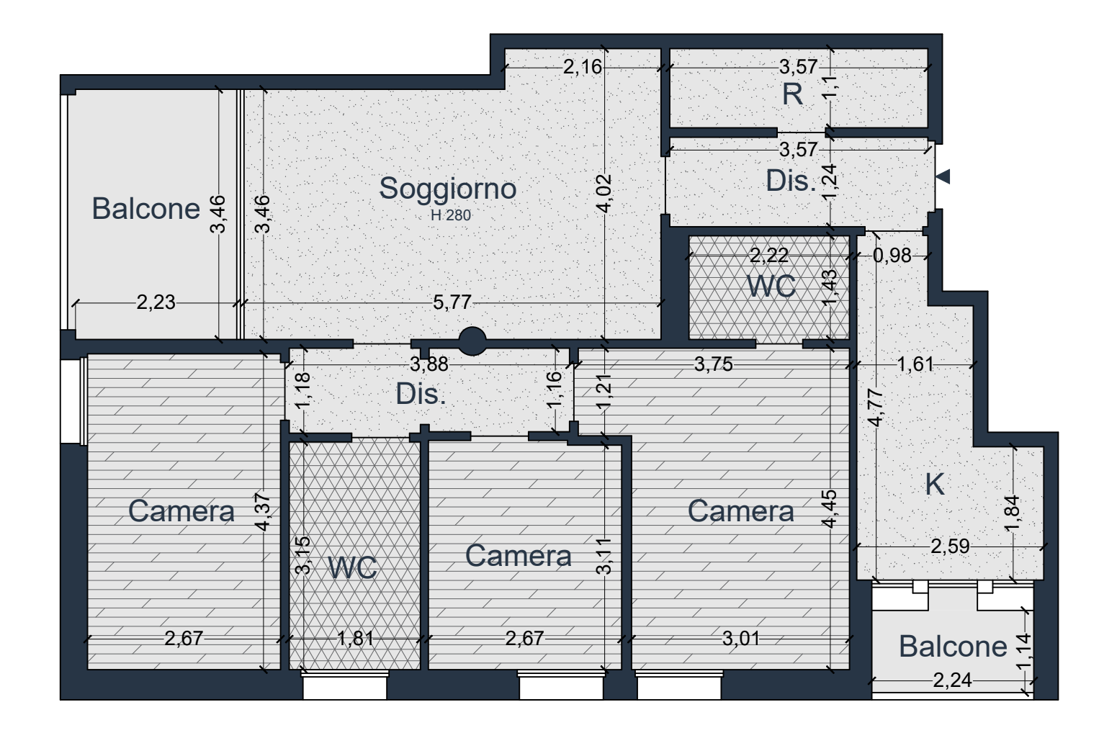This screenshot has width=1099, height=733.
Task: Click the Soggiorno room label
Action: [x=447, y=189]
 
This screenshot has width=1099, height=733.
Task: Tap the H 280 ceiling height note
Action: [x=451, y=215]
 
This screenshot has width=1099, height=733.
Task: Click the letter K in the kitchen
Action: [x=935, y=485]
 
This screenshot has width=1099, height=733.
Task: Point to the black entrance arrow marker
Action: [x=943, y=176]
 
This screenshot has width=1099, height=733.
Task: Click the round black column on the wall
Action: [x=472, y=341]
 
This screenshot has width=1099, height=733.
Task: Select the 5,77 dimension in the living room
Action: [x=452, y=302]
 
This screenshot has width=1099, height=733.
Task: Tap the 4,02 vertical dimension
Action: [x=604, y=193]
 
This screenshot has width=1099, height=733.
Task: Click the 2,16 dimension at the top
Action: [x=583, y=67]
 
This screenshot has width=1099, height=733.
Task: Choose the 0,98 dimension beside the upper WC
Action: [x=892, y=255]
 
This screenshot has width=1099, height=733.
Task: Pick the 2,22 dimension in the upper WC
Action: [x=769, y=255]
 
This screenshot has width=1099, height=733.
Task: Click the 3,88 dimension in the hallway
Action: [x=429, y=364]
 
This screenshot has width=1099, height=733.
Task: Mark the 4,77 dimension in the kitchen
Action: [x=876, y=408]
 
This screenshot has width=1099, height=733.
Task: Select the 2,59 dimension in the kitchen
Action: [x=951, y=546]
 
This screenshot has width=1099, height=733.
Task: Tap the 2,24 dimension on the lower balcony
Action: [x=952, y=680]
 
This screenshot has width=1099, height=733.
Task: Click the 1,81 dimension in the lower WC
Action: [x=356, y=638]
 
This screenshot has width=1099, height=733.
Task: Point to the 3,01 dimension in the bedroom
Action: [x=741, y=638]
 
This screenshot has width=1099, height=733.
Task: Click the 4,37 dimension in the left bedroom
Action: [x=263, y=512]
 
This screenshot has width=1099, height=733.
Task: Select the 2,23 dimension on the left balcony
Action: [x=156, y=302]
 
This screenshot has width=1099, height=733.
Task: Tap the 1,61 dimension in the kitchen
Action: [x=915, y=364]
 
